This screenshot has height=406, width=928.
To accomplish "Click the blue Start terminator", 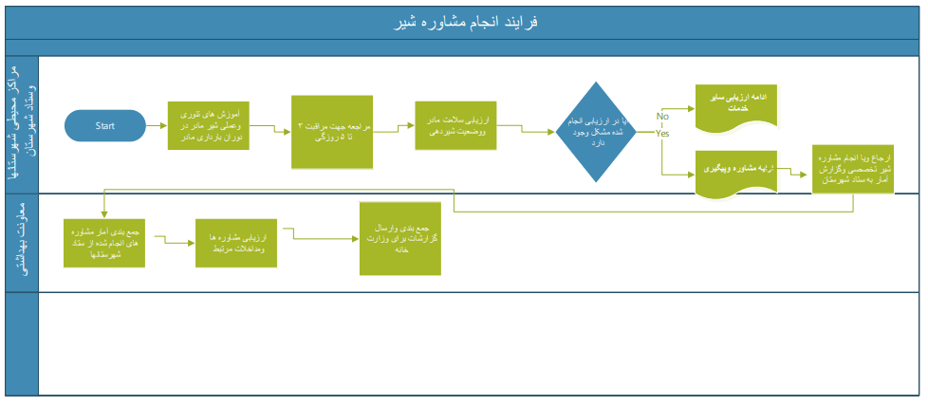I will [x=105, y=125].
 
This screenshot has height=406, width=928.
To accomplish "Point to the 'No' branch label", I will [x=662, y=116].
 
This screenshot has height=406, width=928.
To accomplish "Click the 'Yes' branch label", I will [x=662, y=134].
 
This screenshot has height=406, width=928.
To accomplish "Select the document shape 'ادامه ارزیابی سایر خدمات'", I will [x=737, y=104].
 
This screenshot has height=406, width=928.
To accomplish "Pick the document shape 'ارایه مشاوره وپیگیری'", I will [x=737, y=171].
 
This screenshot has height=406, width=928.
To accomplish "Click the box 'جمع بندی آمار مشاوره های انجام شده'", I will [x=102, y=244].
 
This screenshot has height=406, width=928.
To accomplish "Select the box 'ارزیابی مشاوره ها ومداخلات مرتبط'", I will [x=235, y=243].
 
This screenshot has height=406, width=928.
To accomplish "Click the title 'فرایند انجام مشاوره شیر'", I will [x=464, y=22].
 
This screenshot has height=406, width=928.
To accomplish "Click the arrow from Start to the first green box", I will [x=157, y=125].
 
